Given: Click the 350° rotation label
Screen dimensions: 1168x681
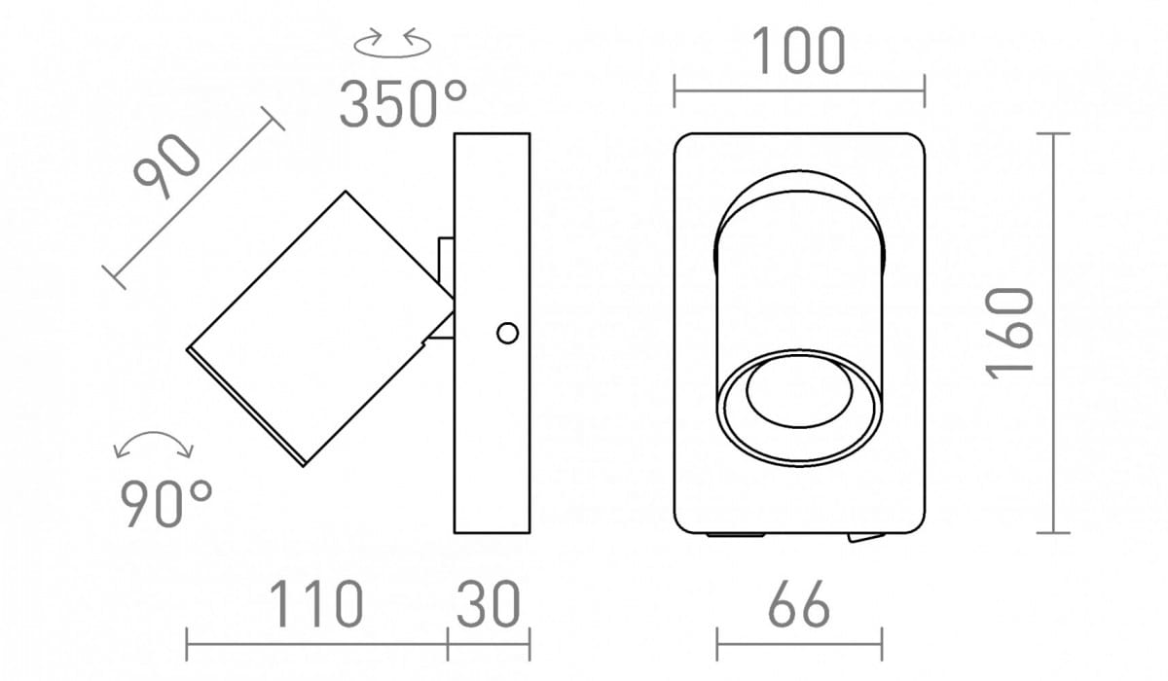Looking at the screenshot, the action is [403, 103].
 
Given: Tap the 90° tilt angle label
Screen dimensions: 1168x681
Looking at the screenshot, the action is [165, 503].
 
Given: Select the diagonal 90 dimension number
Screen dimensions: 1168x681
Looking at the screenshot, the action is [166, 166].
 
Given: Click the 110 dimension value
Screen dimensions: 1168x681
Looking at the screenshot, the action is [316, 603].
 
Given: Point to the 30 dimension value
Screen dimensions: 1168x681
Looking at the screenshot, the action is [489, 603].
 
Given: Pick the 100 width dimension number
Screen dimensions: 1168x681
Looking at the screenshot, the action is [798, 51].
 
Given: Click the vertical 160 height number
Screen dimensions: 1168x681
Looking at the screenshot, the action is [1008, 333].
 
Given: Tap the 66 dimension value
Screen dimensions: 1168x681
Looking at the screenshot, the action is [799, 603].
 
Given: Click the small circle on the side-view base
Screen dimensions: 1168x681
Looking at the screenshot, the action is [507, 333].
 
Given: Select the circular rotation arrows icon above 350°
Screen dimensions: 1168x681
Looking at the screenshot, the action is [392, 43].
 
